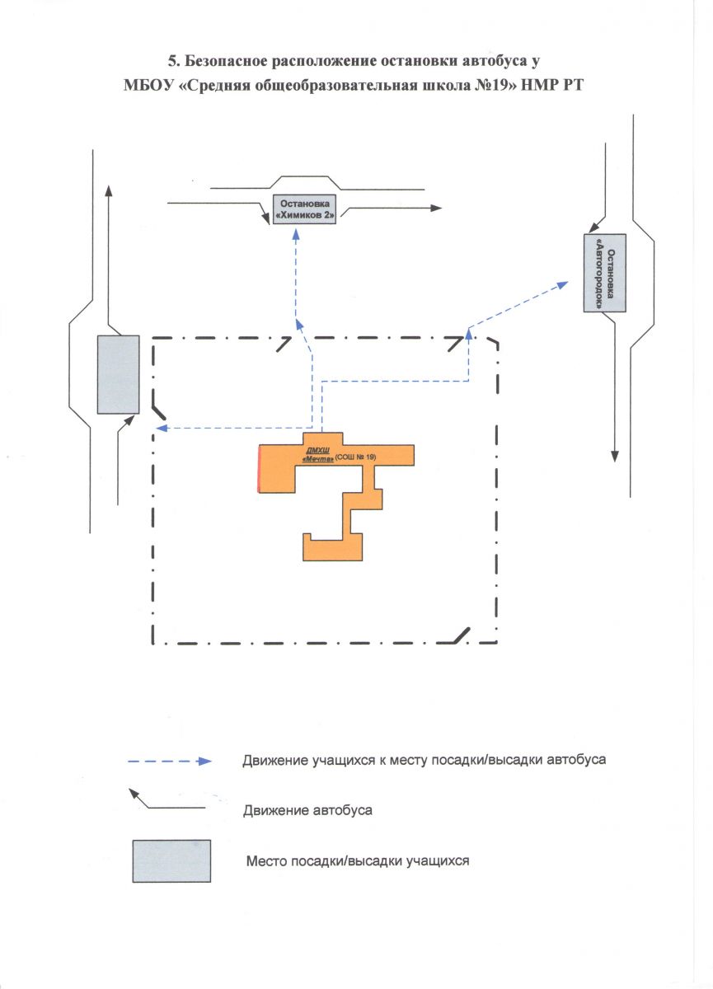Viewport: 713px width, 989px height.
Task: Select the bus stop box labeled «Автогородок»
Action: [604, 272]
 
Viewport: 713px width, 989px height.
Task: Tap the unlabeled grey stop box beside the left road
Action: [118, 374]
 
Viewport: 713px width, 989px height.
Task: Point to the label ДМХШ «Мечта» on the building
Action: [318, 456]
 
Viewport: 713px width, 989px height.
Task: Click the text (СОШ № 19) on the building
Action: [355, 460]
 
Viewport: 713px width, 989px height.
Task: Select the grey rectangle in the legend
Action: [171, 861]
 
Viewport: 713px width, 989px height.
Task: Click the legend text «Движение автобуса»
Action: [307, 810]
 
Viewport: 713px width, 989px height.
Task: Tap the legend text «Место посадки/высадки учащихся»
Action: [358, 861]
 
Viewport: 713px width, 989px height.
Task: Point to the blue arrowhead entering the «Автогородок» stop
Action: [563, 284]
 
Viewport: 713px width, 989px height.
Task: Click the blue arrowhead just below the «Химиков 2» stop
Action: [297, 236]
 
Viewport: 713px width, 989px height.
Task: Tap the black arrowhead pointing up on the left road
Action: [109, 190]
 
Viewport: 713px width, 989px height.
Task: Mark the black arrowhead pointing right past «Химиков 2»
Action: [435, 209]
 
